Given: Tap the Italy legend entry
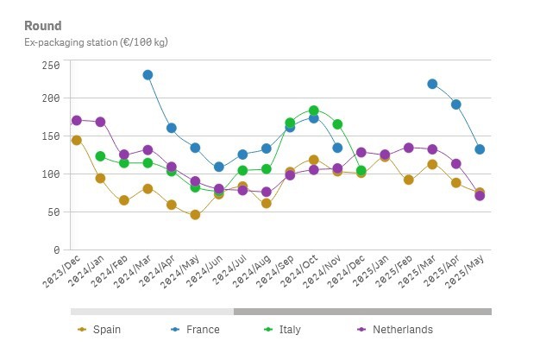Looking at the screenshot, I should (x=288, y=329).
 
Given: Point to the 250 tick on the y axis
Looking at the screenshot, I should (x=50, y=66).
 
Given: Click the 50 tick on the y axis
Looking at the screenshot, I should (x=53, y=212).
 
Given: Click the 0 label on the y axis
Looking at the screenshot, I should (x=56, y=249).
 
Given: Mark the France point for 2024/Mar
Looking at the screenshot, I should (x=148, y=75).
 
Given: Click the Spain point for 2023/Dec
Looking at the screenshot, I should (x=77, y=140).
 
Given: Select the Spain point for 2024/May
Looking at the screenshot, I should (x=195, y=215).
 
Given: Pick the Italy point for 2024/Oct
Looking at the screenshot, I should (x=314, y=111).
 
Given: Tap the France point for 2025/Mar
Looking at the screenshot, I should (x=432, y=84).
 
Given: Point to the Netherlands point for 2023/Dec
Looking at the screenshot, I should (x=77, y=120).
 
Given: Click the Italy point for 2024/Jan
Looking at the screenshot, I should (x=100, y=156).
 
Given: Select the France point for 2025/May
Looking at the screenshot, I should (x=480, y=149).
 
